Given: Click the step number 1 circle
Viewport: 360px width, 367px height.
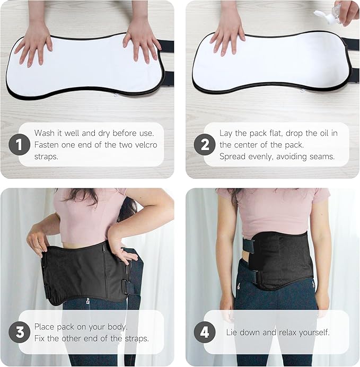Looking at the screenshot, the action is pyautogui.click(x=20, y=144).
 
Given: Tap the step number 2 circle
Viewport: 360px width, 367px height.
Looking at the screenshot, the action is pyautogui.click(x=205, y=144).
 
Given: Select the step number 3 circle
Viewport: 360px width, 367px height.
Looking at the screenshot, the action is pyautogui.click(x=20, y=332).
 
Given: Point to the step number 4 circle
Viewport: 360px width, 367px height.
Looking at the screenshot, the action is pyautogui.click(x=205, y=332).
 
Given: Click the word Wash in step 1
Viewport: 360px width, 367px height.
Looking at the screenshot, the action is pyautogui.click(x=45, y=133).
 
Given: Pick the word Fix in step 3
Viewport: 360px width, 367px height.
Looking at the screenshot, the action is pyautogui.click(x=40, y=338).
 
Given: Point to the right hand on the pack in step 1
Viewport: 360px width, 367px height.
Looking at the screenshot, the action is pyautogui.click(x=141, y=42).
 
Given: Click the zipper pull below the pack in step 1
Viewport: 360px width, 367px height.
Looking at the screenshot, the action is pyautogui.click(x=116, y=95).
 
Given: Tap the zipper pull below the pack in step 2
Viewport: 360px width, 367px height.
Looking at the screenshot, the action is pyautogui.click(x=302, y=90).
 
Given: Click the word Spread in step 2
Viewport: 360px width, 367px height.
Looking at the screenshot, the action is pyautogui.click(x=233, y=156).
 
